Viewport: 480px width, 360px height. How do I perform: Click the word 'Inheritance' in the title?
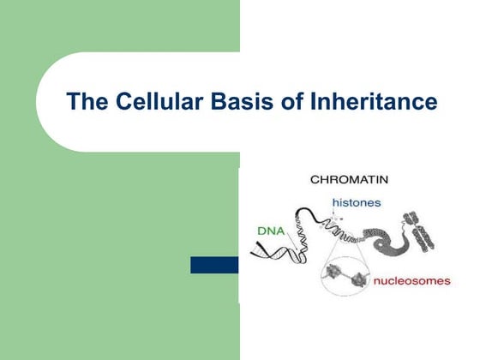point(369,102)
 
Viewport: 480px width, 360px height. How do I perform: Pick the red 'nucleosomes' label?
point(411,280)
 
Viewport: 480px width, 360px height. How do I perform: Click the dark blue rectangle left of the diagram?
point(213,265)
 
